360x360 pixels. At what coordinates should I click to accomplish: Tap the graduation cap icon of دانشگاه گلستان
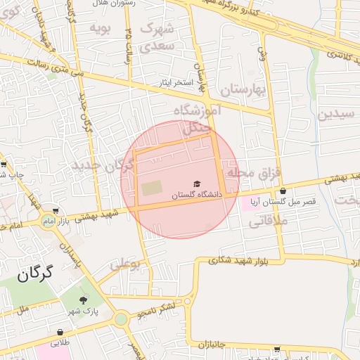pyautogui.click(x=197, y=184)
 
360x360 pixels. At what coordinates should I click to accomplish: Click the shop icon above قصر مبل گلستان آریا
pyautogui.click(x=283, y=191)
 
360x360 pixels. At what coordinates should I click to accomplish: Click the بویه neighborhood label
pyautogui.click(x=101, y=27)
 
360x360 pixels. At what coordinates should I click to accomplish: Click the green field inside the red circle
pyautogui.click(x=151, y=188)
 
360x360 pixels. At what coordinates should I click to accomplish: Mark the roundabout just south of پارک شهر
pyautogui.click(x=120, y=320)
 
